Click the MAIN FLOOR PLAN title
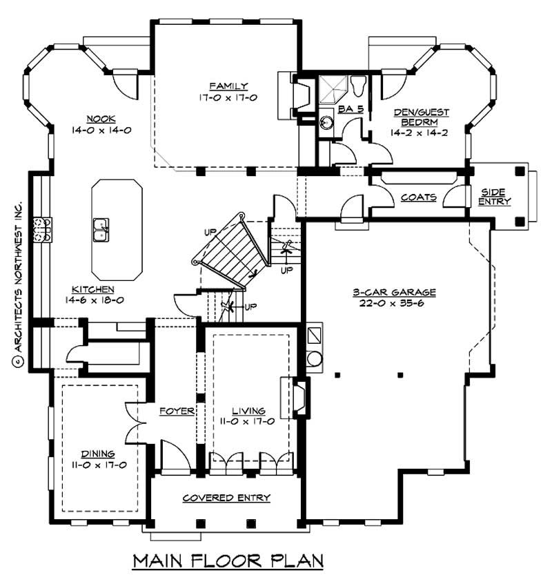[x=228, y=559]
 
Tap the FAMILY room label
[x=229, y=86]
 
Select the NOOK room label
[x=101, y=118]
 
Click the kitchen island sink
[x=101, y=228]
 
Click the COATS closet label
[x=419, y=197]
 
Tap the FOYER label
[x=177, y=411]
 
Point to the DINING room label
[x=98, y=454]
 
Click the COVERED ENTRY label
[x=226, y=498]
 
